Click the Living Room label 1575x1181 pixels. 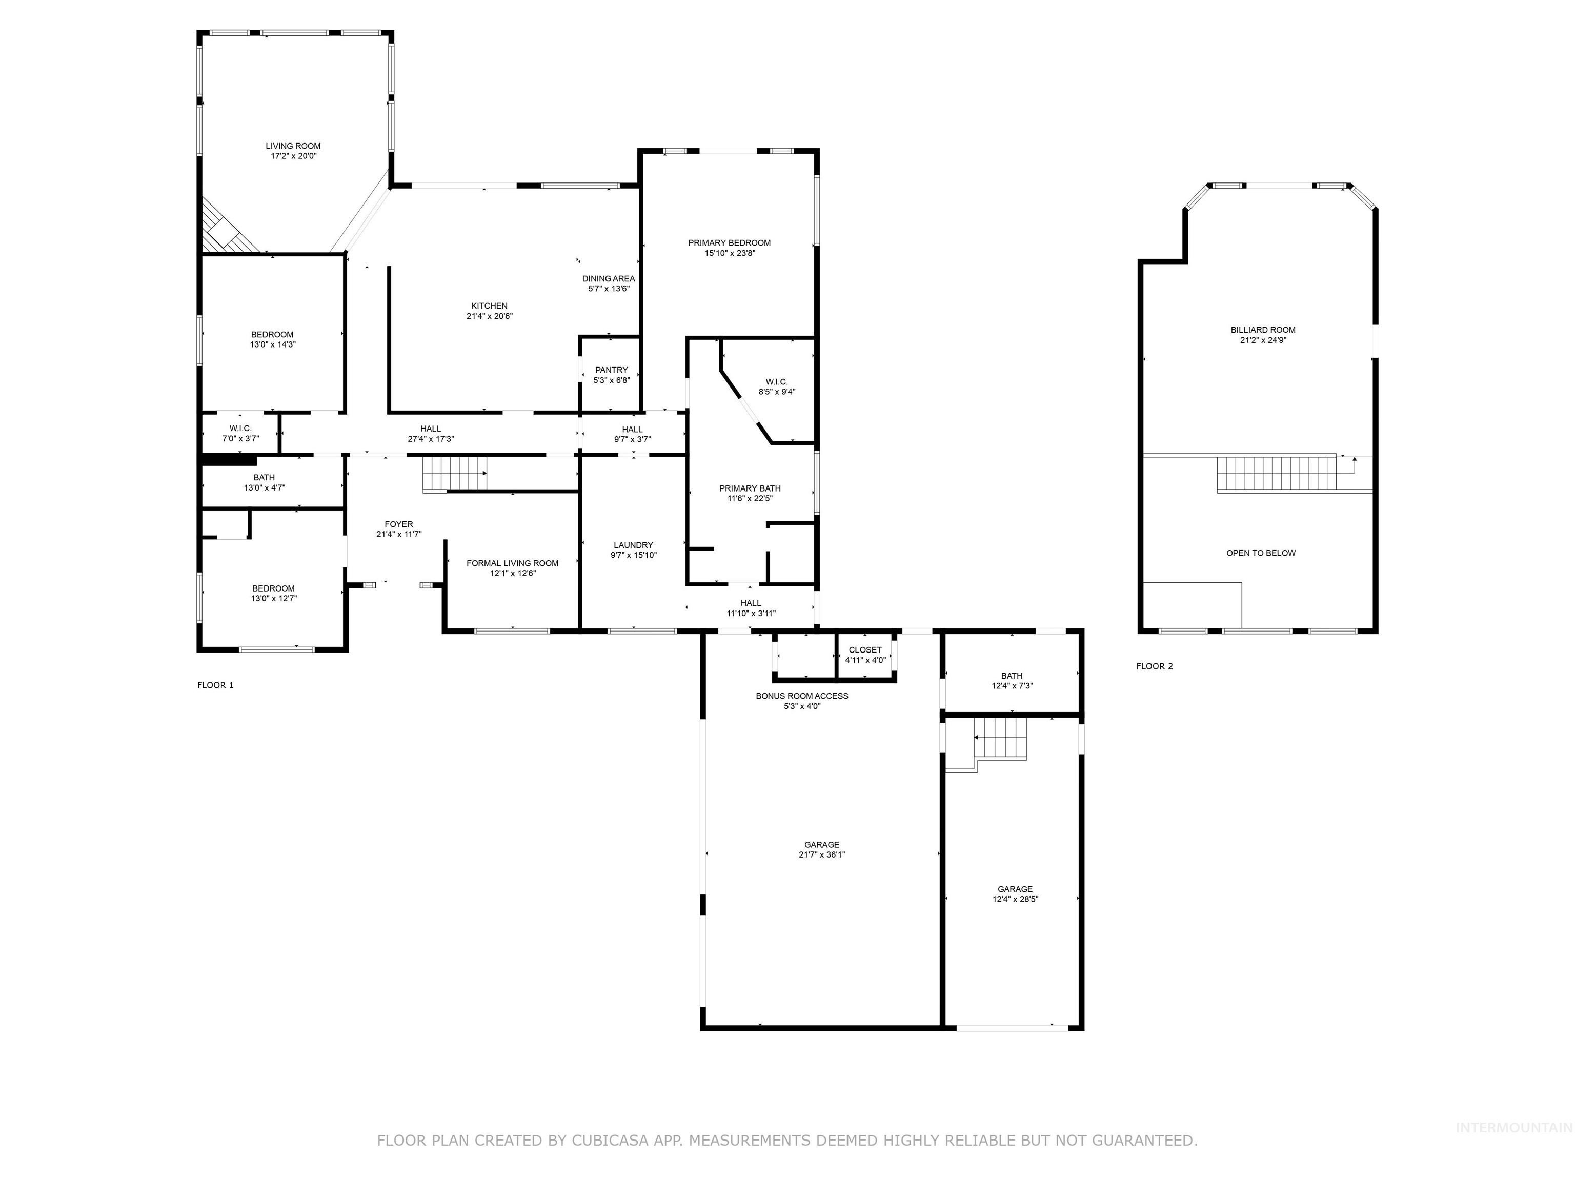(x=293, y=146)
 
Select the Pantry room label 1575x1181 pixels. (x=611, y=370)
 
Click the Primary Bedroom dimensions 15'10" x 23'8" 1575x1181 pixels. (x=729, y=253)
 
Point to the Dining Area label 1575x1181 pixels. (x=608, y=279)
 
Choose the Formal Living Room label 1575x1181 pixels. (x=512, y=563)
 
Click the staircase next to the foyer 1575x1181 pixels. (x=455, y=474)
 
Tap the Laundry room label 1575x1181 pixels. (x=633, y=545)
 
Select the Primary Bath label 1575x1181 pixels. (x=749, y=488)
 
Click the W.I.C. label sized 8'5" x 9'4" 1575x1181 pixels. (x=776, y=382)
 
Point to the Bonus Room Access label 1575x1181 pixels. (x=802, y=696)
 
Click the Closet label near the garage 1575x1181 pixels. (x=865, y=650)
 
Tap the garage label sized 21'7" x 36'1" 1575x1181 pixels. (x=822, y=845)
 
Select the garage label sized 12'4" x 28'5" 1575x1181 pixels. (x=1015, y=889)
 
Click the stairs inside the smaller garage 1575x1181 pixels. (x=1000, y=739)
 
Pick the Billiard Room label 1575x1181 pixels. (x=1262, y=330)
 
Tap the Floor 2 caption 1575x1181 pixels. (x=1154, y=666)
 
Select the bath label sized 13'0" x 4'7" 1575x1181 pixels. (x=264, y=478)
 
